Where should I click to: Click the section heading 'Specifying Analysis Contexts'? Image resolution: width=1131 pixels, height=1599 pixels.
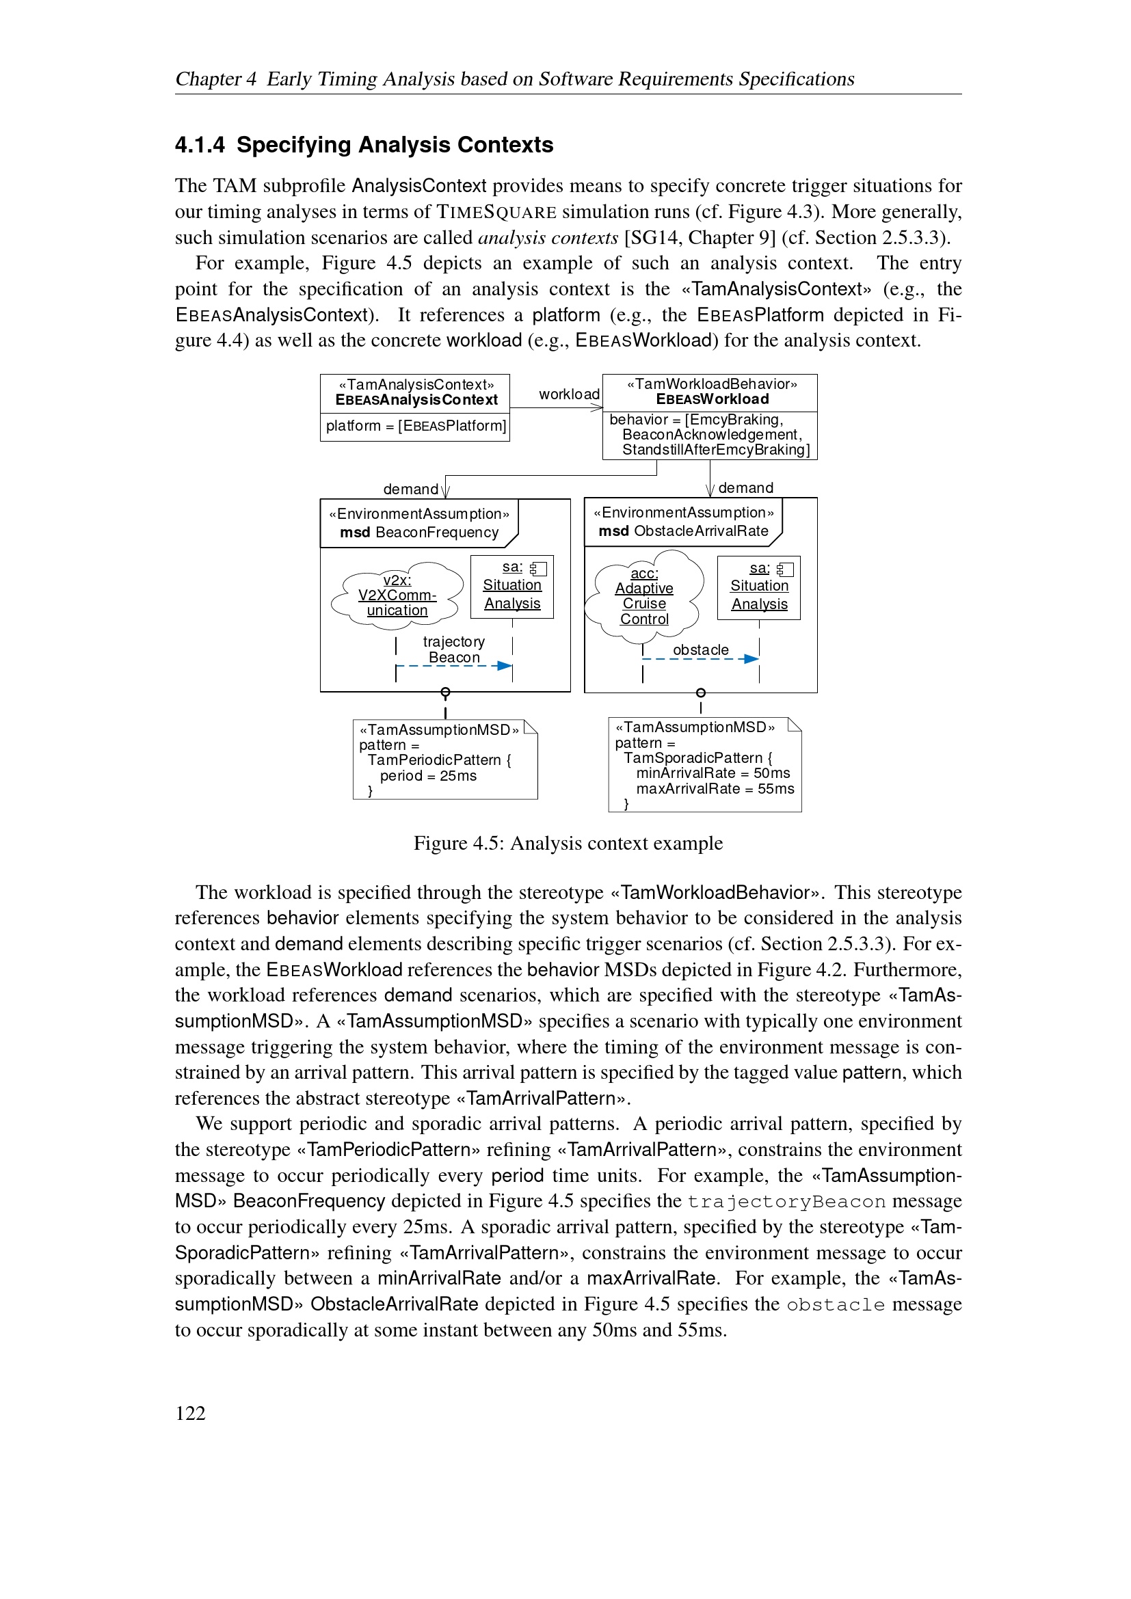(394, 145)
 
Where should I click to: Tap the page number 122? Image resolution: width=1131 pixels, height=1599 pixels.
(190, 1413)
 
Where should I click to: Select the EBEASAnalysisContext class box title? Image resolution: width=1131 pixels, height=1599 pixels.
(416, 400)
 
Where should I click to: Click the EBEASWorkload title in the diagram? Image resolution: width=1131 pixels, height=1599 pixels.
(712, 399)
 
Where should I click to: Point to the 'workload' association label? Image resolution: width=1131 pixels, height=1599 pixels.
(568, 394)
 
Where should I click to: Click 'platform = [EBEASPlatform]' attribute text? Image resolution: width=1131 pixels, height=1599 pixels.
(416, 425)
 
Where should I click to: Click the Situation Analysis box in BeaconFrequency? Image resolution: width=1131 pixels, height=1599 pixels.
(512, 587)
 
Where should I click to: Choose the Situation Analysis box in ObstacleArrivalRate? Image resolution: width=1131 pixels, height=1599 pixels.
(758, 587)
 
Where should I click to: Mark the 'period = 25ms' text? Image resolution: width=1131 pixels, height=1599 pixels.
(427, 776)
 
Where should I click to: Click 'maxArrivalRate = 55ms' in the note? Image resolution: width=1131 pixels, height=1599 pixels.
(715, 789)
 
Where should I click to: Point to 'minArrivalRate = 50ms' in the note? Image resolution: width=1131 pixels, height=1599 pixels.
(713, 773)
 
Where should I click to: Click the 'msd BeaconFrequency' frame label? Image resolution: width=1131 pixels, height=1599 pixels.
(419, 532)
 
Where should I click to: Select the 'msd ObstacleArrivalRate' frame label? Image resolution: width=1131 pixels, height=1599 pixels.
(683, 530)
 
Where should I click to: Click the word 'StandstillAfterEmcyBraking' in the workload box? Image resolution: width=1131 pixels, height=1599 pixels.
(715, 450)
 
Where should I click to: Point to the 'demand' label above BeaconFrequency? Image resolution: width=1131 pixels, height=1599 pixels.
(410, 489)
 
